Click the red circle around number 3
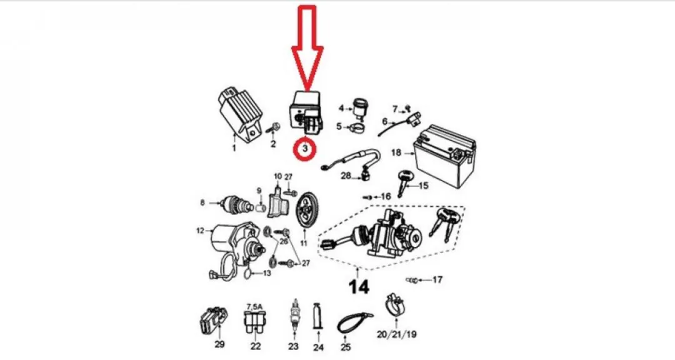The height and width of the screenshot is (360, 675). tap(305, 140)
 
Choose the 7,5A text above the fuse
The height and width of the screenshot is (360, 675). tap(254, 307)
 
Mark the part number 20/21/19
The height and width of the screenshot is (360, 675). tap(396, 334)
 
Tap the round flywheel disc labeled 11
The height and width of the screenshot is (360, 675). tap(306, 214)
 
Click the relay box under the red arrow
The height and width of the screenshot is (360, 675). tap(306, 111)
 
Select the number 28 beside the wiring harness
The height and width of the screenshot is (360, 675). tap(346, 176)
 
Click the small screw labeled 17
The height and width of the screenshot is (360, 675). tap(411, 281)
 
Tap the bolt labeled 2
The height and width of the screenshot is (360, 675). tap(274, 128)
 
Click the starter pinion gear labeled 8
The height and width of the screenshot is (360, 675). tap(235, 204)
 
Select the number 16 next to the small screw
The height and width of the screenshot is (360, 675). tap(385, 197)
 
